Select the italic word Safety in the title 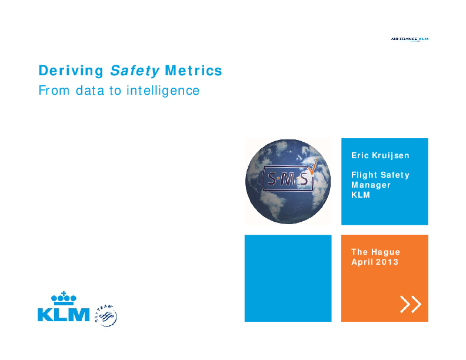(135, 71)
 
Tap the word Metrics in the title (194, 71)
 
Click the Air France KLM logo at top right (410, 39)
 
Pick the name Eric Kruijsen (380, 156)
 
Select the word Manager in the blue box (371, 185)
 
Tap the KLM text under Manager (361, 195)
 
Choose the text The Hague (376, 252)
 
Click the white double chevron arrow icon (411, 304)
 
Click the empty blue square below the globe (288, 278)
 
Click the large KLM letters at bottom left (64, 315)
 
